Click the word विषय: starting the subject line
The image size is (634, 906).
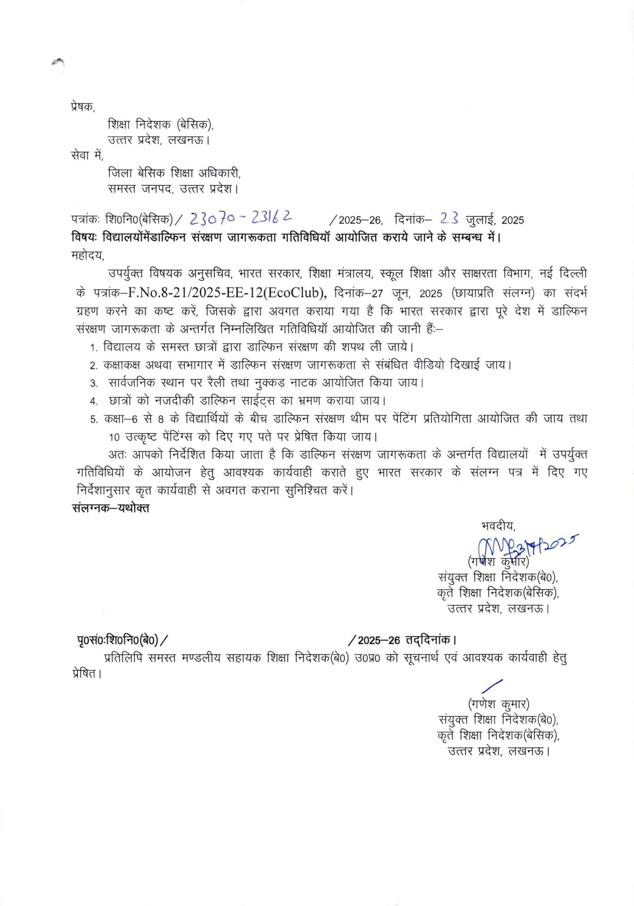pos(85,237)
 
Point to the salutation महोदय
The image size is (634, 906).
pos(88,255)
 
